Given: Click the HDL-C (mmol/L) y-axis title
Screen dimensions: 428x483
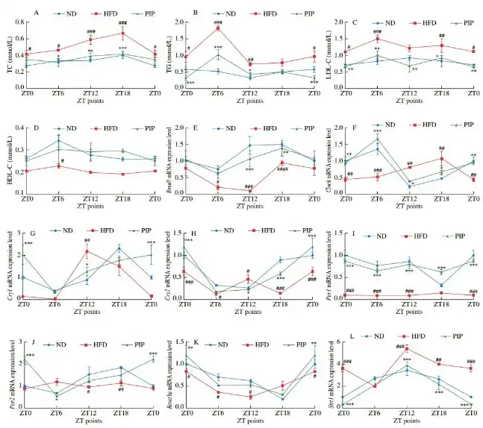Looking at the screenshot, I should pos(7,159).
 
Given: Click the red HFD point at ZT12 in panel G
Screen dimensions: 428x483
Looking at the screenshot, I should pos(87,251).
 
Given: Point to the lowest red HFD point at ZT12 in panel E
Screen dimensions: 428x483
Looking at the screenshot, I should pos(249,191).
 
